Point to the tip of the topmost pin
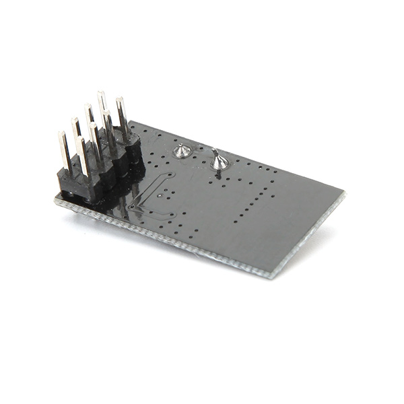101,94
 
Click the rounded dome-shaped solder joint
180,151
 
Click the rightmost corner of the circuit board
343,195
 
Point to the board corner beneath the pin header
57,199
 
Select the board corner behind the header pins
131,123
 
